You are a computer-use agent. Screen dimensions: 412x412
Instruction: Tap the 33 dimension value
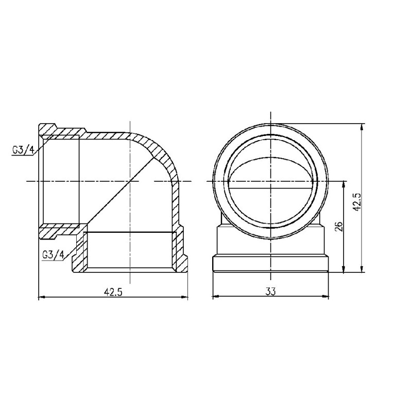tap(270, 291)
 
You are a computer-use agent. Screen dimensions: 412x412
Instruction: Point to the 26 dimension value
tap(338, 227)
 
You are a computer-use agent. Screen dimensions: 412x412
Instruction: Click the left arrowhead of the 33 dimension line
tap(216, 297)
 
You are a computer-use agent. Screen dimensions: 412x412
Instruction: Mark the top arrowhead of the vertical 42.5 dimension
tap(364, 127)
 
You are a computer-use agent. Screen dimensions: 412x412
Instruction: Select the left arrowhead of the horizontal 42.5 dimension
tap(42, 297)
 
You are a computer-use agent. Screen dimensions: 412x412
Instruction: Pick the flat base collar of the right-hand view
tap(270, 263)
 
